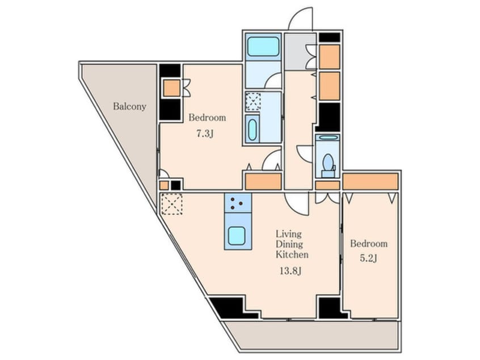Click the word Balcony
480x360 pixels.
click(x=129, y=107)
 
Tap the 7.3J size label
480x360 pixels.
click(x=204, y=133)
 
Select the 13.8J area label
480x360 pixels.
click(x=290, y=271)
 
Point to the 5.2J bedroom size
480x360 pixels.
click(x=368, y=258)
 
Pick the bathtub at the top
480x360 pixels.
click(x=263, y=47)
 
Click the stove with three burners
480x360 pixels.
click(x=238, y=203)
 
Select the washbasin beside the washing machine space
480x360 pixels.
click(x=252, y=129)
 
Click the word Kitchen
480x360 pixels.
click(x=292, y=254)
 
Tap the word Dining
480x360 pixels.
click(x=289, y=245)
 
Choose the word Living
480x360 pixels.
click(x=289, y=235)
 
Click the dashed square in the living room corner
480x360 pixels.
click(x=172, y=204)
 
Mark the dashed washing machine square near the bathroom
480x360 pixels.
click(x=254, y=102)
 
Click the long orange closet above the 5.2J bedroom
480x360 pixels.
click(x=370, y=181)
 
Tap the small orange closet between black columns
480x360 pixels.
click(x=171, y=88)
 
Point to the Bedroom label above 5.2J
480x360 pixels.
click(x=369, y=244)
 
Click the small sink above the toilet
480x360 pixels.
click(x=327, y=137)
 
